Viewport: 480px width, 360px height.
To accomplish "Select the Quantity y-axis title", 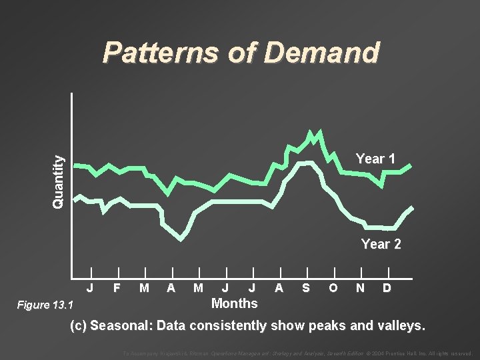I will [x=60, y=181].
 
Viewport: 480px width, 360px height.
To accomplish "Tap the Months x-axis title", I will [x=234, y=303].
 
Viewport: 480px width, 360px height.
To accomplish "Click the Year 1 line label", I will [x=375, y=159].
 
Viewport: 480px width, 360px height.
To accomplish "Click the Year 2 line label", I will [x=381, y=244].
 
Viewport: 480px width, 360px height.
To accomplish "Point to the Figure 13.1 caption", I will [x=43, y=305].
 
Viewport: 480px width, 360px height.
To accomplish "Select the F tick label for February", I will [x=117, y=288].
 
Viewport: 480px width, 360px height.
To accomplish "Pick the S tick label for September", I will [x=305, y=288].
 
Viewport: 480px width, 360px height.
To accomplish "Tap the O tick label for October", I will [x=333, y=288].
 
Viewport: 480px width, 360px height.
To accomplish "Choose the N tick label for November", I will [x=360, y=288].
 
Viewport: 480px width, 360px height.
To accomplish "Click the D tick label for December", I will [x=387, y=288].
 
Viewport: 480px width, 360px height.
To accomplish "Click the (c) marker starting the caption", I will [x=79, y=326].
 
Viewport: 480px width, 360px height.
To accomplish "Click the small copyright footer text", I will [x=297, y=353].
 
